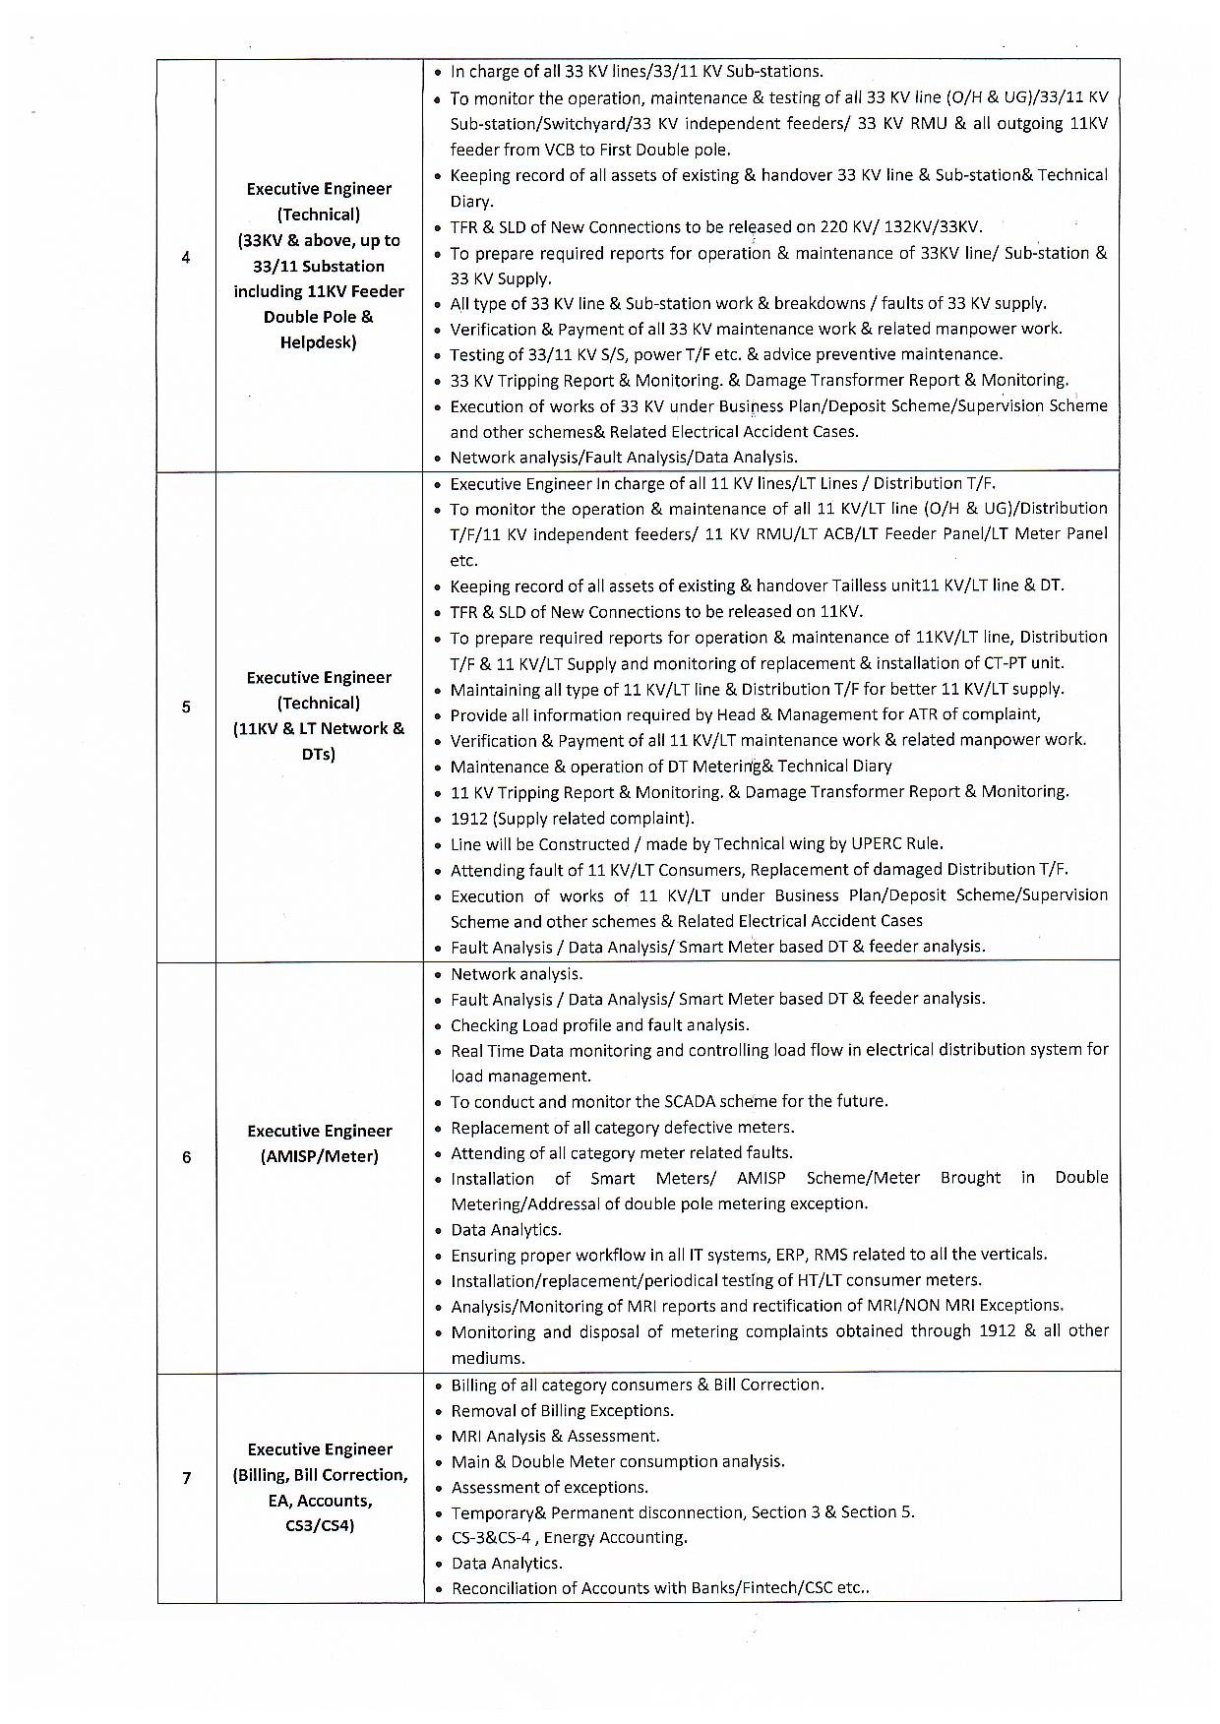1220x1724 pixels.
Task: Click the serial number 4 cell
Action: [187, 259]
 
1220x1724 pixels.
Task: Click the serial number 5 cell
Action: [187, 707]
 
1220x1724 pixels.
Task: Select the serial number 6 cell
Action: [187, 1157]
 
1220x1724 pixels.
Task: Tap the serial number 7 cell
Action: [187, 1478]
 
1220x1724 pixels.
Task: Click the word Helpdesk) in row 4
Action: [319, 342]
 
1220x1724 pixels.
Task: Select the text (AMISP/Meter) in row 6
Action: [319, 1156]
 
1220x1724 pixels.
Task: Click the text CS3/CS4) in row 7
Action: [319, 1526]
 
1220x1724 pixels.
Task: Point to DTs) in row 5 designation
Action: [319, 755]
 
